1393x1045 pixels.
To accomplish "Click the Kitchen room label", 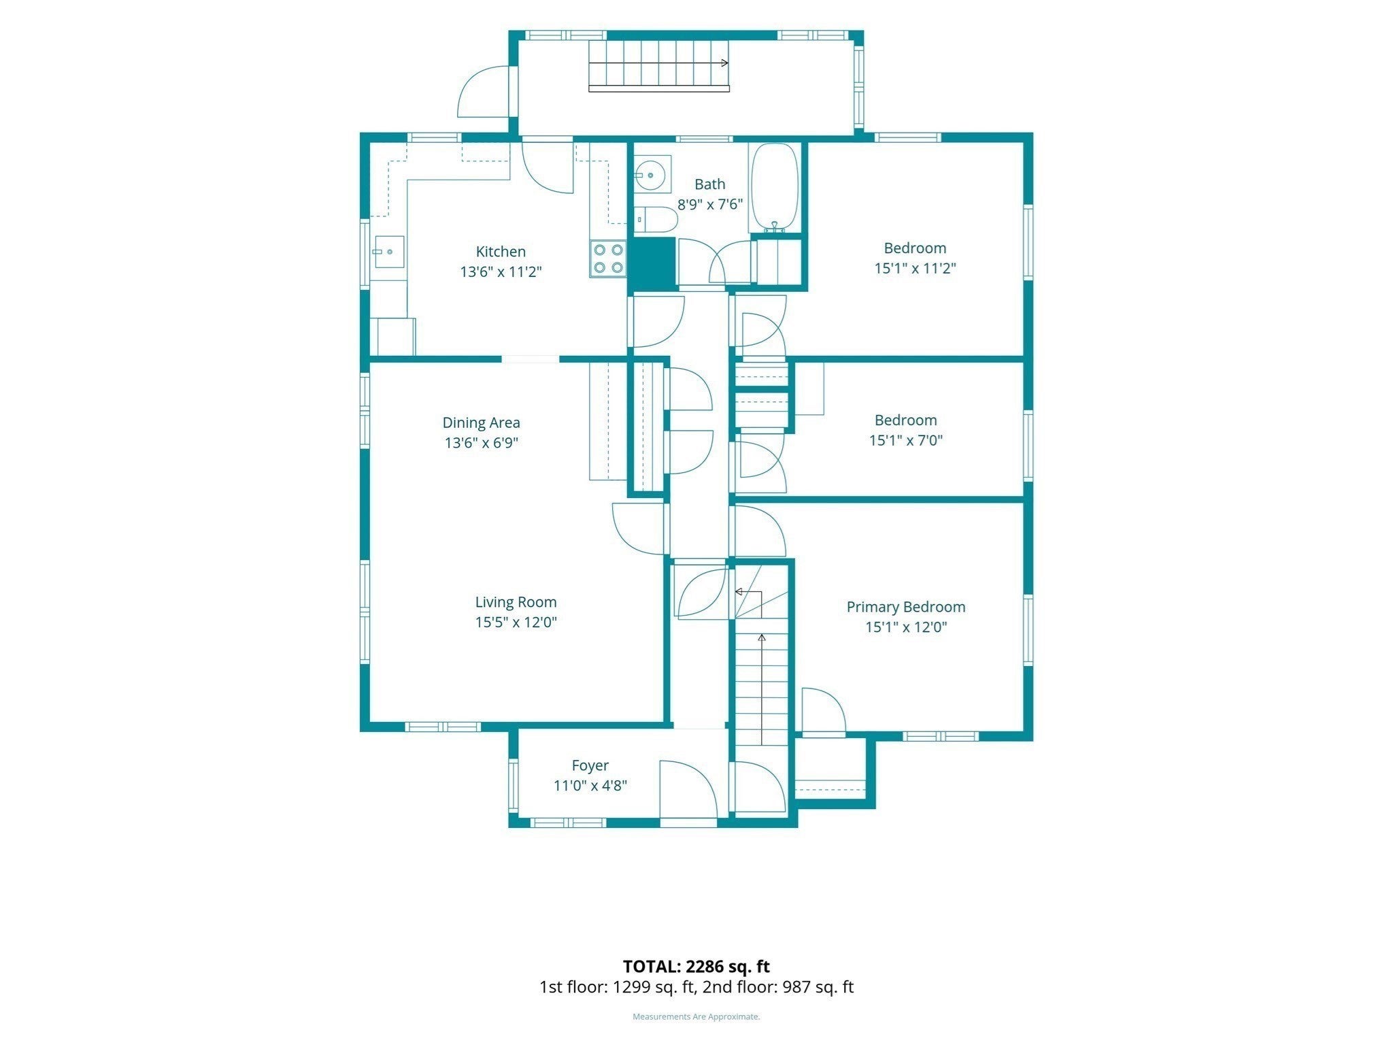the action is (x=501, y=252).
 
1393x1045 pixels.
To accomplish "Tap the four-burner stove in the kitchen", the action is (x=607, y=259).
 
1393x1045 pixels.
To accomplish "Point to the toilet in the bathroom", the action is (x=656, y=220).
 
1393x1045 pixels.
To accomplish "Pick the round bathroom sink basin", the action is (x=652, y=176).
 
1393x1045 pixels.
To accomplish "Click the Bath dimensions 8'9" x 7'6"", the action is (x=709, y=204).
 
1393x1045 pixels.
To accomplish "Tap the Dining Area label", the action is (x=481, y=422).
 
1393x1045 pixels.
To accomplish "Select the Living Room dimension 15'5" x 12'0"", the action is (x=516, y=622).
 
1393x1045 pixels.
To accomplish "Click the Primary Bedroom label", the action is (x=905, y=607).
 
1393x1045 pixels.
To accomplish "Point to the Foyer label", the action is (x=590, y=765).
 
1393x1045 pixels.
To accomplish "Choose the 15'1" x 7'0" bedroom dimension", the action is (x=905, y=440).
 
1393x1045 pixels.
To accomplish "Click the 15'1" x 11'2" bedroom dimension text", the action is (x=915, y=268).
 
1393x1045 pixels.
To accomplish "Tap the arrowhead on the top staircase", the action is (x=724, y=63).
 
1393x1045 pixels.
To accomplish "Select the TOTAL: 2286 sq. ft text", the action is (x=696, y=966).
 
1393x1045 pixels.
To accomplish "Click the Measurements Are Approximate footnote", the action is (x=696, y=1016).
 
